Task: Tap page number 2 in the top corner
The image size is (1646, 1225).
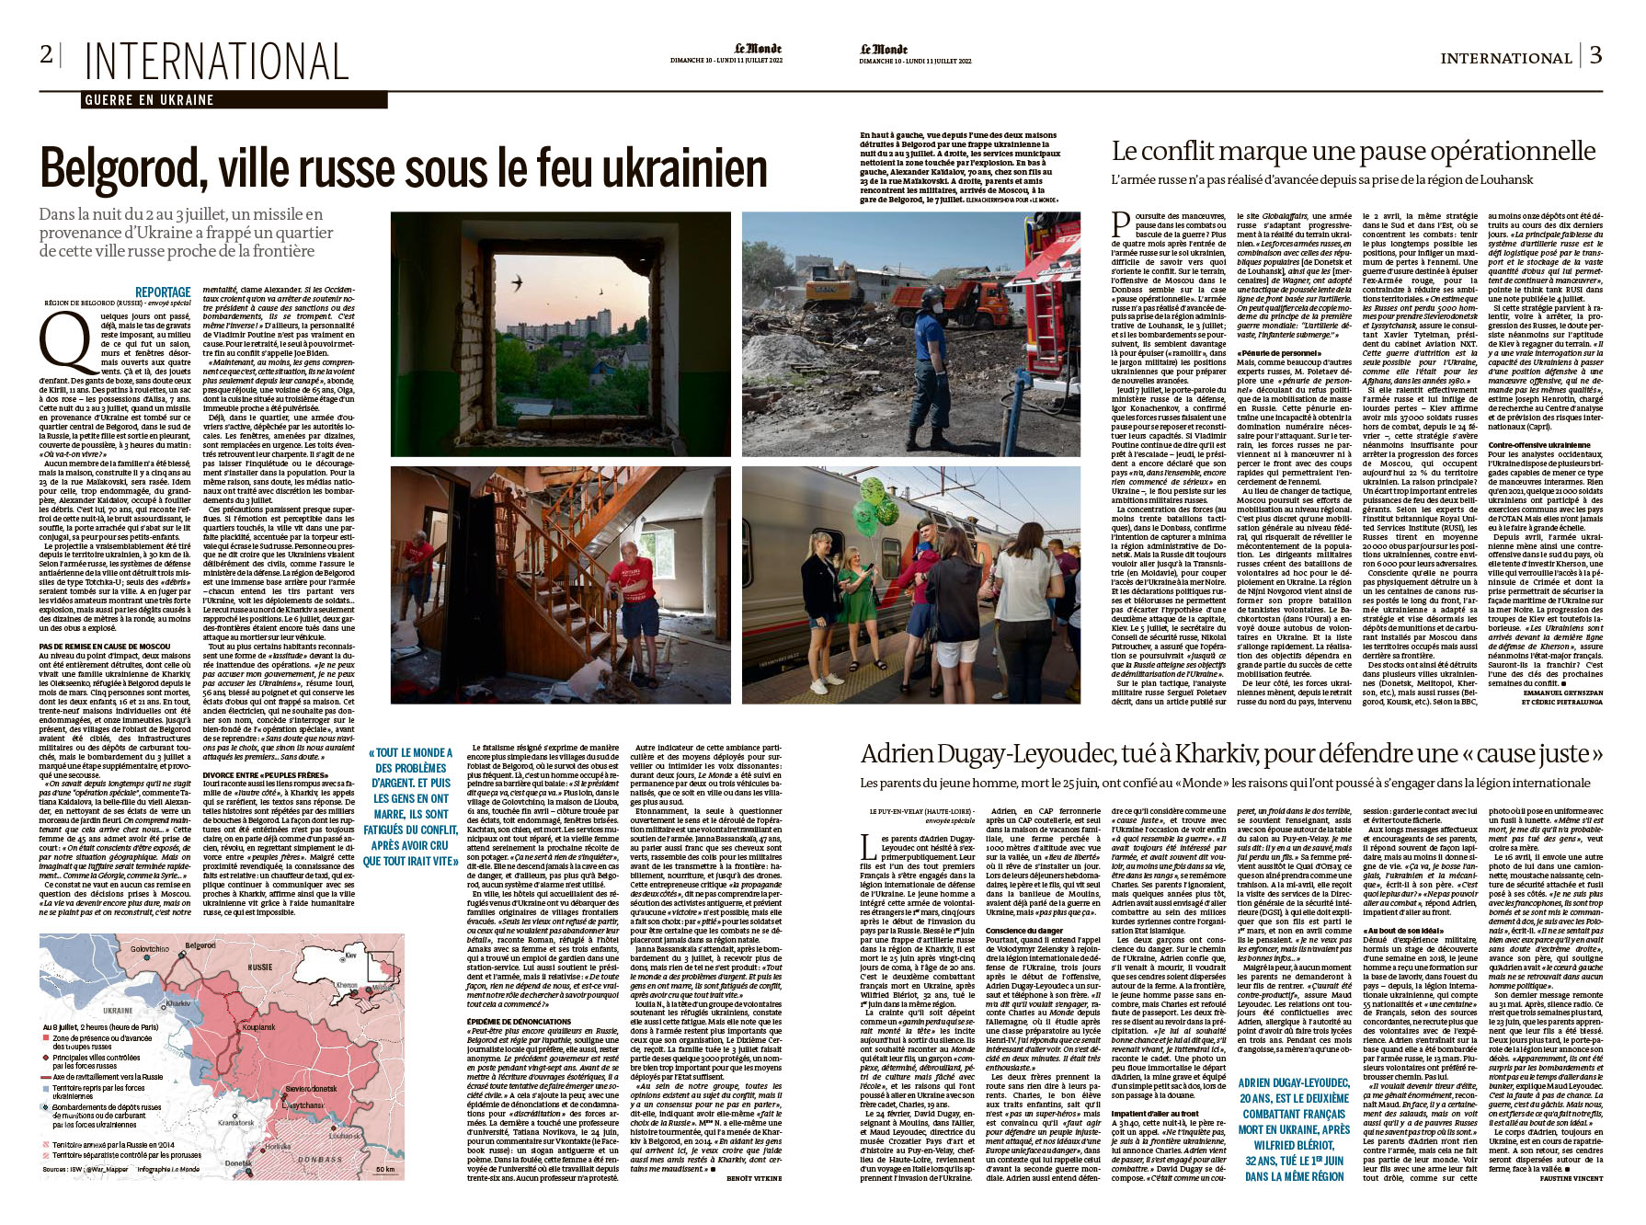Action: [x=46, y=54]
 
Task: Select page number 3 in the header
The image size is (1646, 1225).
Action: [x=1595, y=55]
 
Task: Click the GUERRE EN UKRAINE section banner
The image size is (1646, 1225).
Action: [x=149, y=100]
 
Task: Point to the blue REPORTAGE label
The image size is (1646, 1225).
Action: [x=163, y=292]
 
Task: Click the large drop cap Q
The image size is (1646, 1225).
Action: [x=65, y=340]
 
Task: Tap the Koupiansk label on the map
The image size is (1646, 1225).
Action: [x=258, y=1027]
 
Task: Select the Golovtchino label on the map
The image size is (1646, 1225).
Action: [x=149, y=948]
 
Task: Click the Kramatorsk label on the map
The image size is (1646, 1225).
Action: [x=235, y=1123]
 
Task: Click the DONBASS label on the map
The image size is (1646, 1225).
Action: [x=319, y=1160]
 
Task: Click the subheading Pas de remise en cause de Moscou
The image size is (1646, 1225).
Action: [x=104, y=647]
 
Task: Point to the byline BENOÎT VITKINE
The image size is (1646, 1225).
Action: [x=754, y=1177]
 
